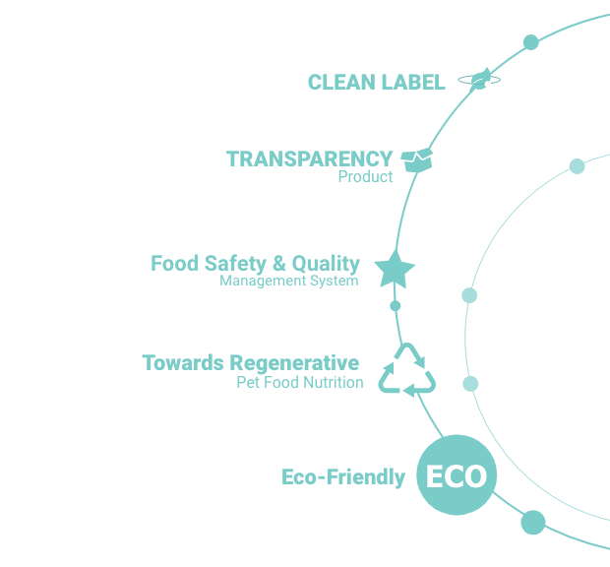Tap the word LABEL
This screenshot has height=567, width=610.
413,82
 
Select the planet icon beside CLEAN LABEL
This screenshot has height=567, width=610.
479,79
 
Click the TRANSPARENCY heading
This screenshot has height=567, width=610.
309,158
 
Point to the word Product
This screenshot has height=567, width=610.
365,176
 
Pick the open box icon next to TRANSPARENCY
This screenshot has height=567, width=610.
416,159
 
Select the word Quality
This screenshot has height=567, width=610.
326,264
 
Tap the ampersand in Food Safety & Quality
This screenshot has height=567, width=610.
279,264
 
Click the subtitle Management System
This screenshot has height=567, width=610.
289,281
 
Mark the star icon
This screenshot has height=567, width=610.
395,270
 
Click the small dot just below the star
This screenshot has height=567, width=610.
395,306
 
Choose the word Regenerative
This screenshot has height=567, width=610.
294,363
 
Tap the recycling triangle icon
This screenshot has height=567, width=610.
407,370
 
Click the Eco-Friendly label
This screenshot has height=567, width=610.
343,477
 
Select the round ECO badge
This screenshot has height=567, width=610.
457,474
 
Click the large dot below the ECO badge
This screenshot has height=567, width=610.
533,523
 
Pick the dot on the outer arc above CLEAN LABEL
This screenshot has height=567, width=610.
531,42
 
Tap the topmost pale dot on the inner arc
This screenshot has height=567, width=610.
577,166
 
